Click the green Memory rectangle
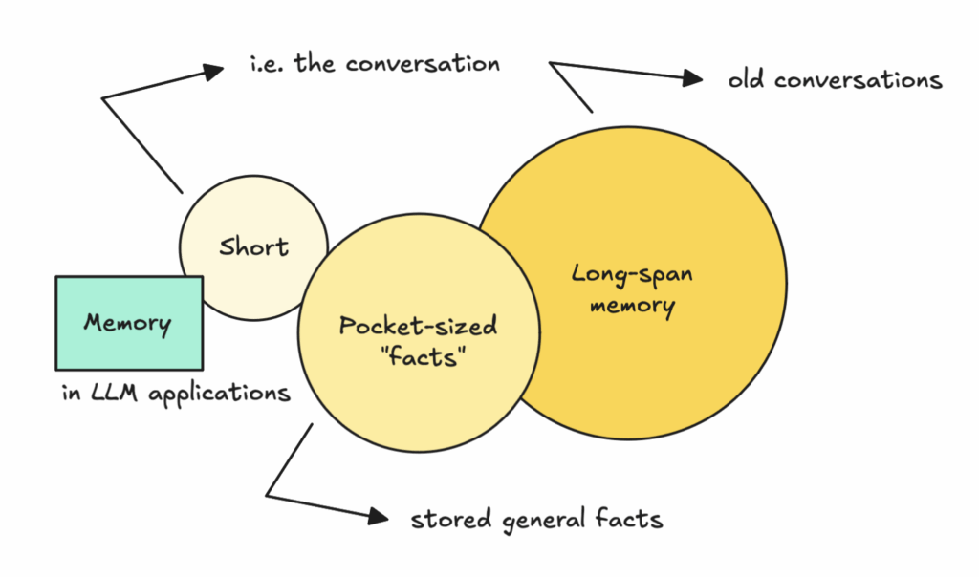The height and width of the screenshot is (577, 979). (129, 323)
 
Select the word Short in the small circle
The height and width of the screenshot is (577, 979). (253, 247)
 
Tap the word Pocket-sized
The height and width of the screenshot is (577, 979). (418, 326)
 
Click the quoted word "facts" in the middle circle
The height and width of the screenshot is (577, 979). (423, 357)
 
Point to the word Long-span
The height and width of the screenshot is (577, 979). (632, 274)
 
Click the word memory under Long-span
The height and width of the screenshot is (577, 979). (632, 307)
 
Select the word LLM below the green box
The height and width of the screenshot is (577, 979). (114, 393)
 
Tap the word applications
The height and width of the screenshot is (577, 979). (219, 395)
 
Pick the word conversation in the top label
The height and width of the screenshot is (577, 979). (423, 64)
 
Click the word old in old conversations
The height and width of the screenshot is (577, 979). (746, 80)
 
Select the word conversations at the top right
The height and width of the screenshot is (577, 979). (858, 80)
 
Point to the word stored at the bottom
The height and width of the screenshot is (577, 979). (451, 519)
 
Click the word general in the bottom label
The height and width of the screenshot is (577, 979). (544, 521)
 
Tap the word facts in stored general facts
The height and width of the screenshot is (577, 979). (629, 519)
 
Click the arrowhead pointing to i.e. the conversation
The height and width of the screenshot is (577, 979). (213, 71)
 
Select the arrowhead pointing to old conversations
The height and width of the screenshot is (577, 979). (693, 78)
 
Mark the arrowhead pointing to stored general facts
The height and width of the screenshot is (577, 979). (379, 516)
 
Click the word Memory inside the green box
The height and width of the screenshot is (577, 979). (127, 323)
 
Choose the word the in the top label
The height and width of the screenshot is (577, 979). (314, 64)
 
